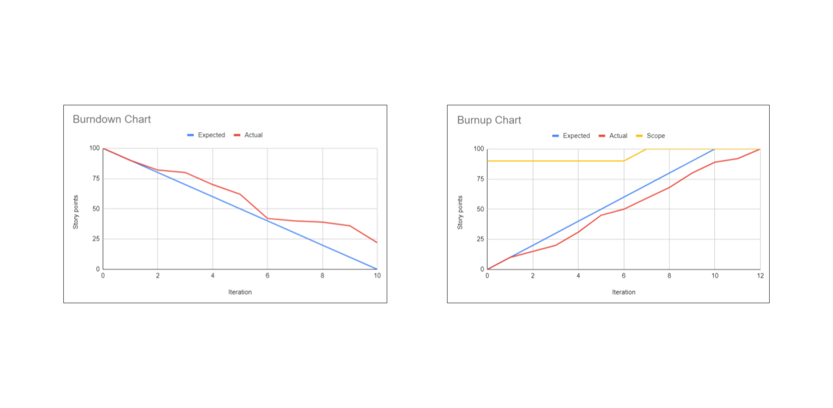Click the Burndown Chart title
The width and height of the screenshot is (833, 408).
pos(111,119)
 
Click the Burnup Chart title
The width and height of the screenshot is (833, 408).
pos(489,120)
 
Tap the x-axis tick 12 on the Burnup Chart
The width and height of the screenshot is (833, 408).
pos(759,276)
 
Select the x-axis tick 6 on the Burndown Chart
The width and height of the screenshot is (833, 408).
pos(267,275)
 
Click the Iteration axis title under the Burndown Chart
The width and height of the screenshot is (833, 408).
pos(240,292)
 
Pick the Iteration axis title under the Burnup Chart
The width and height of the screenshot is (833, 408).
pos(624,292)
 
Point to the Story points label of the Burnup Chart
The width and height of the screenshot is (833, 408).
pos(460,212)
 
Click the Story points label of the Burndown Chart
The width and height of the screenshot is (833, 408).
pos(76,212)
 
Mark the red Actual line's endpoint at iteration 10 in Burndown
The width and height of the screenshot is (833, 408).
pos(377,242)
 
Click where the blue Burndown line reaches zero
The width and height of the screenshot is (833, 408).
pos(377,269)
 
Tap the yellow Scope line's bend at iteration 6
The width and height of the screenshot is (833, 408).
pos(624,161)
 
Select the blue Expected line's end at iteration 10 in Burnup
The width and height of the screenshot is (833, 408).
pos(714,149)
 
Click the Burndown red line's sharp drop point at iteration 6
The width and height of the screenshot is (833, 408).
pos(267,218)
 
